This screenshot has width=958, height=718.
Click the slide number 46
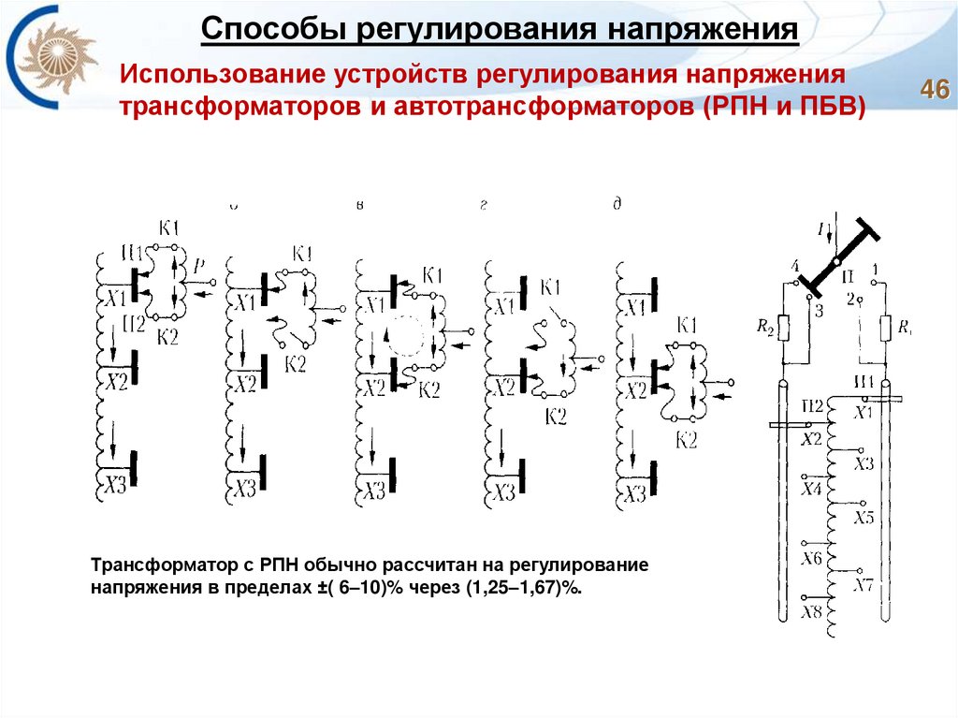934,91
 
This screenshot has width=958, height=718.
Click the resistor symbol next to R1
886,329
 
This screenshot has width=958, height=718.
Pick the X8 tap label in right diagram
811,613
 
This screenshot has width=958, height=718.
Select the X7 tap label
863,586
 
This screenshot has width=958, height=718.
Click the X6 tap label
811,559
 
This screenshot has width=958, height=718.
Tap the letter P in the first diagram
199,267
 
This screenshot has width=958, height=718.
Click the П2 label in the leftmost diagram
134,324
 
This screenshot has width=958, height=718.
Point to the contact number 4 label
795,267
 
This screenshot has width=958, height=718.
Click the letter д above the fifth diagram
617,205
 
